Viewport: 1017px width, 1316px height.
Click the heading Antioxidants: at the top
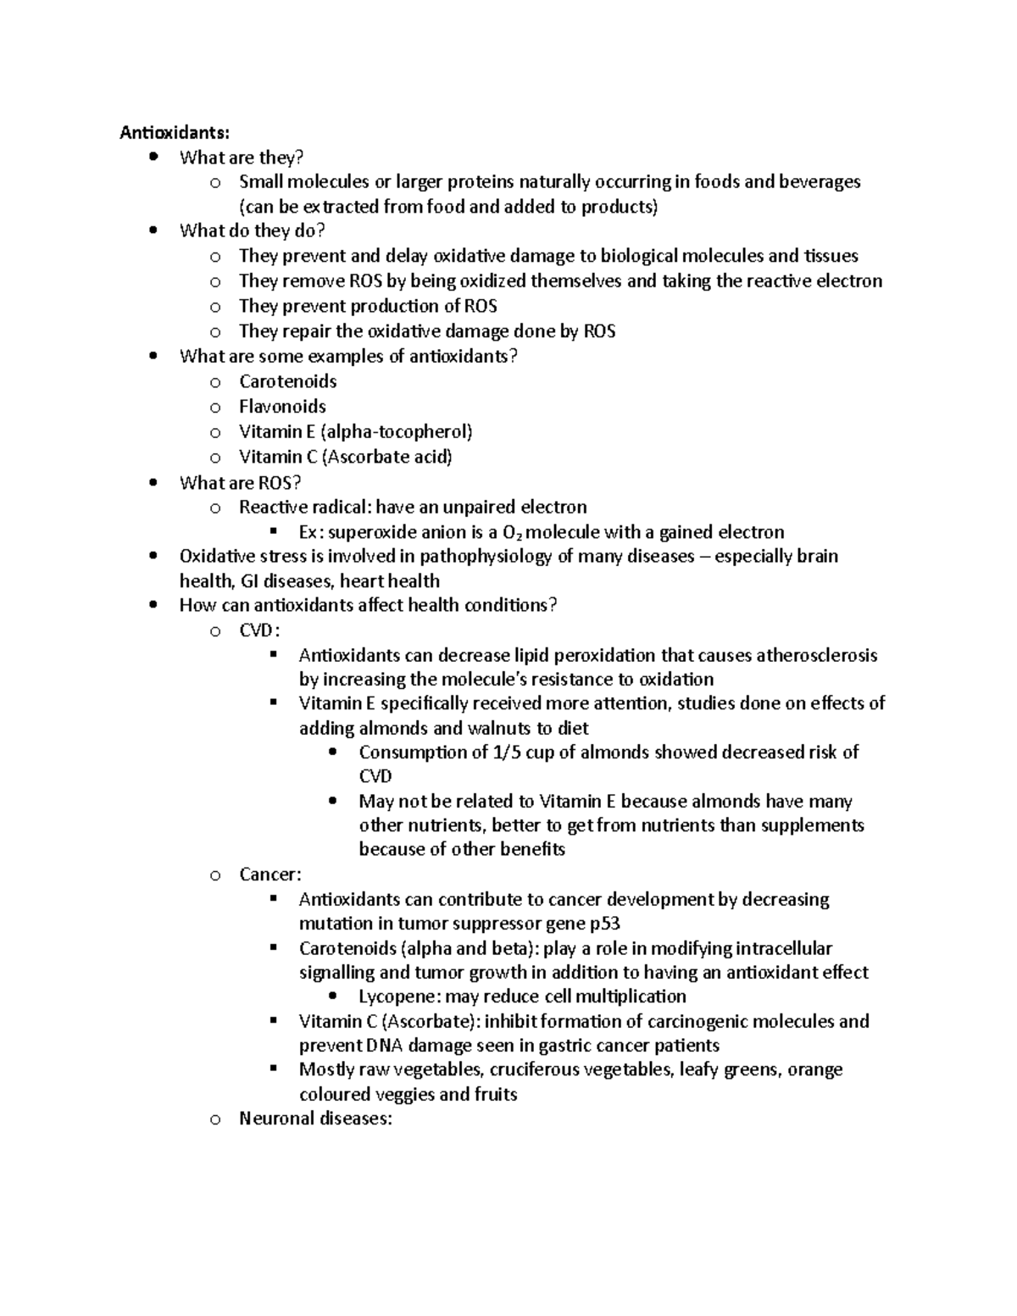tap(174, 132)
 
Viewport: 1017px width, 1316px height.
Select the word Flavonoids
tap(282, 407)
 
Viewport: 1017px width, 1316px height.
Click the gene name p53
tap(605, 924)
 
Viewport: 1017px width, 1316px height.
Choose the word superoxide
tap(370, 532)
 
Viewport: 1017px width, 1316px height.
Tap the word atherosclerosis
tap(816, 655)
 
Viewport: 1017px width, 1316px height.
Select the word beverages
tap(818, 181)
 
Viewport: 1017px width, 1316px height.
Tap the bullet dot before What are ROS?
tap(153, 483)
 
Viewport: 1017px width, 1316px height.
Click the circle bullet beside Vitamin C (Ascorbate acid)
tap(215, 458)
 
